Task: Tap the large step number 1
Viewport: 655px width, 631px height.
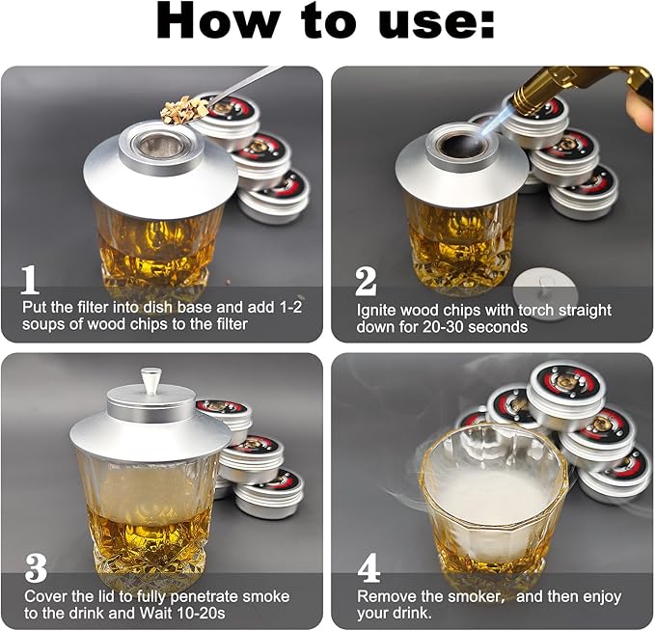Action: coord(30,279)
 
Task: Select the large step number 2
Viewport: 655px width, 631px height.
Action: coord(366,280)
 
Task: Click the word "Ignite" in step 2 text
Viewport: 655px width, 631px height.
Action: coord(379,311)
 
